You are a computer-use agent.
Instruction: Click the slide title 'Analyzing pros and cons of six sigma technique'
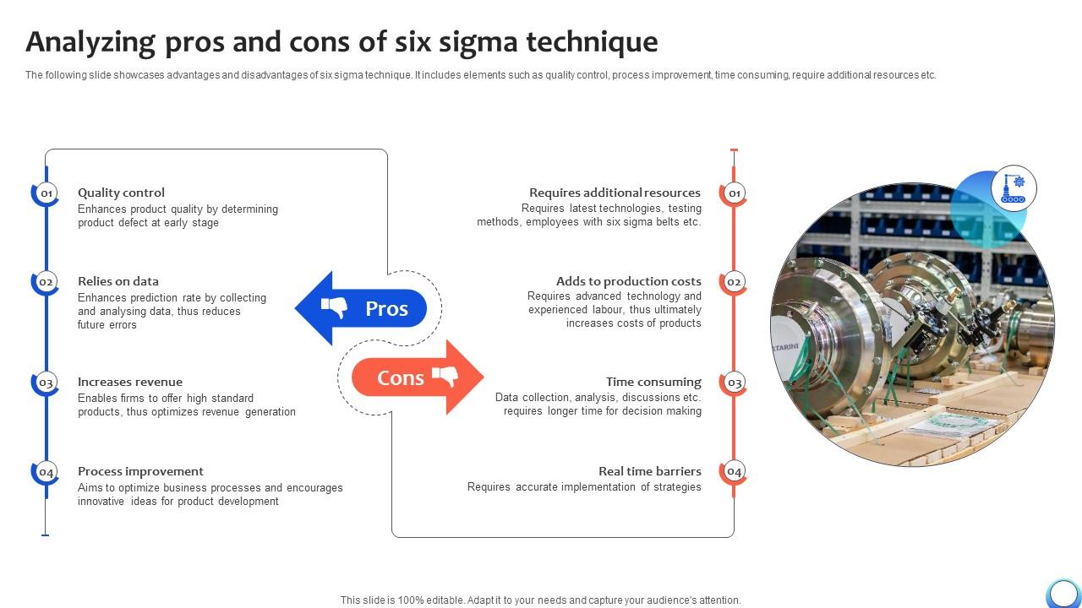342,41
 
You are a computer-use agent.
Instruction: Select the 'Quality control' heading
121,193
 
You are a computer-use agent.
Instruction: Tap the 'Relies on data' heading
118,281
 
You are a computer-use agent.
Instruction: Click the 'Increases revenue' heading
130,382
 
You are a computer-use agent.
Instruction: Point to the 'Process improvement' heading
140,471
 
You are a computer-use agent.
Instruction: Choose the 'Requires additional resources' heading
615,193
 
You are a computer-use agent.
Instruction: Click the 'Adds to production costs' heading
628,281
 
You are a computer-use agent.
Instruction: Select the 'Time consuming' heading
653,382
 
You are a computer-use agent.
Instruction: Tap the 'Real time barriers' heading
649,471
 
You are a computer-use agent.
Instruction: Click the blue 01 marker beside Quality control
46,193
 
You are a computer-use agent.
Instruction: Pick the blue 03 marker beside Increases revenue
46,383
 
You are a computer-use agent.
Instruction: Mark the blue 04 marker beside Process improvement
46,472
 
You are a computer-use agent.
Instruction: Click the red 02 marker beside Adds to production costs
734,282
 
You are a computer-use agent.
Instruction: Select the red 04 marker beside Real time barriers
734,472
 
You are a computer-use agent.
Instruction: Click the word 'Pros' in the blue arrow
386,309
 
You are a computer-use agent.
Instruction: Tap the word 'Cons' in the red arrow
400,378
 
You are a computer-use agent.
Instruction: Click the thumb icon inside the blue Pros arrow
335,308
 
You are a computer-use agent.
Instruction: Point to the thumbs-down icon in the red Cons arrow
444,377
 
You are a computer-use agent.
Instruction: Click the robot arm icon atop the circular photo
1013,187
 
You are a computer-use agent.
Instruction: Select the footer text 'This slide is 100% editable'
540,600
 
